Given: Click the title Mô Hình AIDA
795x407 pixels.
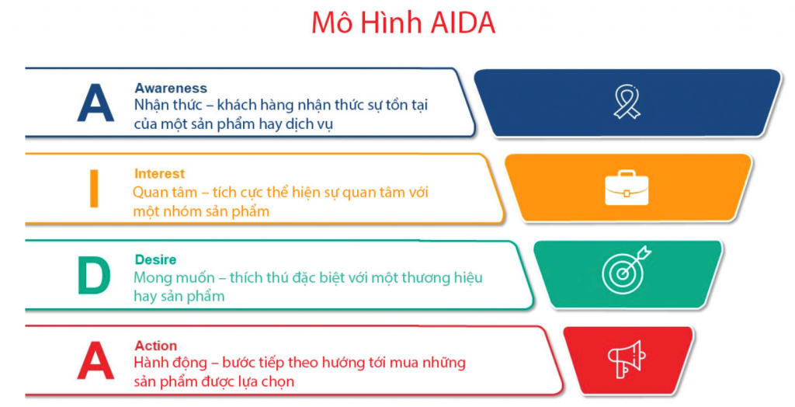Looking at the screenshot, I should (x=403, y=23).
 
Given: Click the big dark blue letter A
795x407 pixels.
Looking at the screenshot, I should (x=95, y=104).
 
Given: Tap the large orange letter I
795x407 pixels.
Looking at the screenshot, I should (x=94, y=190).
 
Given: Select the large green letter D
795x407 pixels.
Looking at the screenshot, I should (x=94, y=276).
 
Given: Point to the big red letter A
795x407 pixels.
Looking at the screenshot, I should (x=95, y=361).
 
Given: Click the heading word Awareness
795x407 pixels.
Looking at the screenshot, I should (x=171, y=88).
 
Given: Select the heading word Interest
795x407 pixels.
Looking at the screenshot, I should (x=159, y=173).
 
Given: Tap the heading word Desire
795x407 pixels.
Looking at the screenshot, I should (x=155, y=259).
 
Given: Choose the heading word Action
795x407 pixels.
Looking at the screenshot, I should (x=155, y=346).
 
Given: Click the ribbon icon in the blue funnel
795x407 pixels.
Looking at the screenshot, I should (x=627, y=103).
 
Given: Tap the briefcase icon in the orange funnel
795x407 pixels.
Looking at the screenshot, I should (x=627, y=187).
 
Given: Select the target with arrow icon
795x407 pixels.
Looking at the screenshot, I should (x=626, y=270).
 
